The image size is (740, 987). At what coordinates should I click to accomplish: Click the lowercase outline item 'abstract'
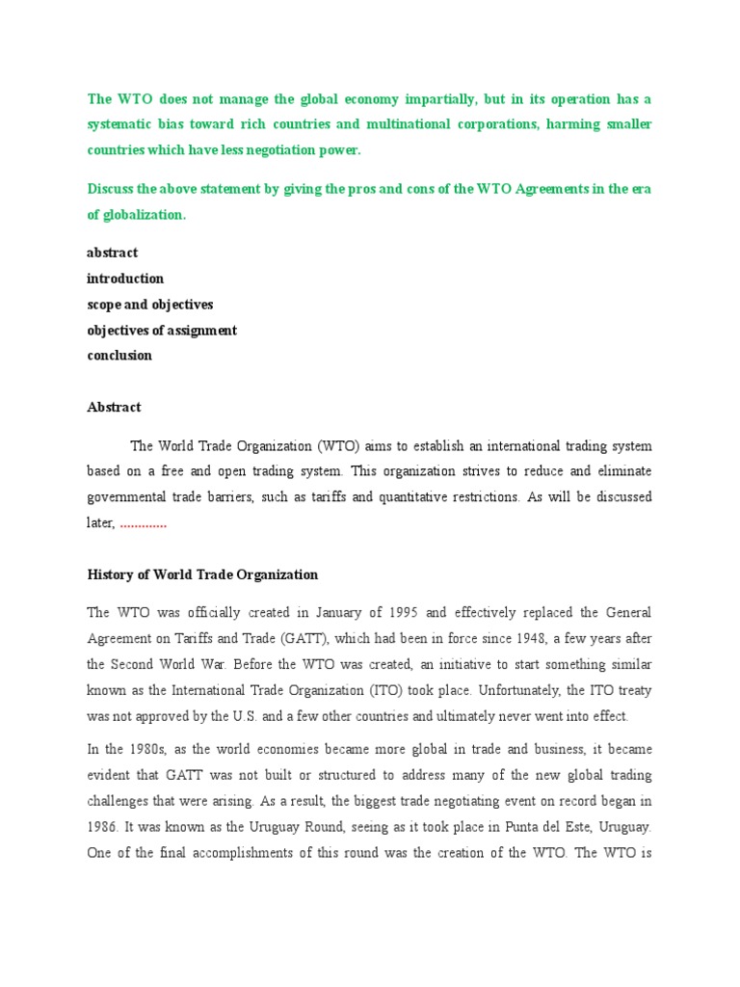(x=113, y=253)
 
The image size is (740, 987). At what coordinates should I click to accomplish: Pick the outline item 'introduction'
(x=125, y=279)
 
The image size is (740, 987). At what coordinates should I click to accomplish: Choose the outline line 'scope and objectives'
(x=150, y=305)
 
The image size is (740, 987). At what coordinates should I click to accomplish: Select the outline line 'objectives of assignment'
(x=162, y=331)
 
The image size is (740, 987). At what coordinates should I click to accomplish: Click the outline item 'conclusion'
(x=119, y=356)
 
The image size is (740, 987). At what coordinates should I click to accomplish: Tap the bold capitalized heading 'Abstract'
(x=114, y=408)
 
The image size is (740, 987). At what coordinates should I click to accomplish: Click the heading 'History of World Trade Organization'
(x=202, y=574)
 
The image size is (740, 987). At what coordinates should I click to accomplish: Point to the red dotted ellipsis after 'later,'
(x=144, y=523)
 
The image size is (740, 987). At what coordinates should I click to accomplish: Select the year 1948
(x=540, y=638)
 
